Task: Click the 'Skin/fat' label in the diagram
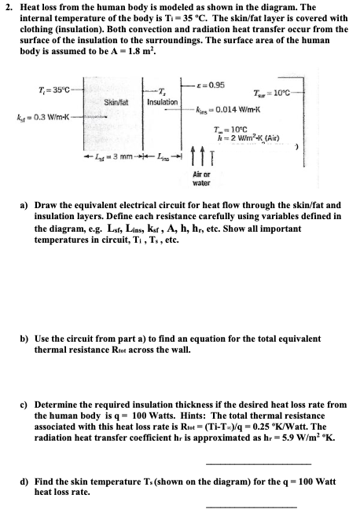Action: click(x=116, y=102)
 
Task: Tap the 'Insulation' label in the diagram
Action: click(x=163, y=102)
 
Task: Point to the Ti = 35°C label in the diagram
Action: click(x=54, y=90)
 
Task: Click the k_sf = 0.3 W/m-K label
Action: click(x=42, y=117)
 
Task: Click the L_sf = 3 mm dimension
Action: click(x=113, y=156)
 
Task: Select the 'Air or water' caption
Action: click(x=201, y=178)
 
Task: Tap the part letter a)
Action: click(x=24, y=205)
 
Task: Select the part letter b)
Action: click(x=24, y=339)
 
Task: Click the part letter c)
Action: click(x=24, y=405)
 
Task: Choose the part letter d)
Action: click(x=24, y=482)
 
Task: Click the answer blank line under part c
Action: click(x=259, y=464)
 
